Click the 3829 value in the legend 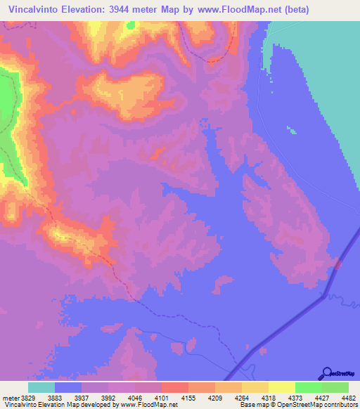pyautogui.click(x=28, y=397)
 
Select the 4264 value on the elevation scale pyautogui.click(x=229, y=397)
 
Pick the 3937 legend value pyautogui.click(x=82, y=397)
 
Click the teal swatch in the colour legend pyautogui.click(x=41, y=387)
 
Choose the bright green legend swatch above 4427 pyautogui.click(x=309, y=387)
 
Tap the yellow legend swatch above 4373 pyautogui.click(x=282, y=387)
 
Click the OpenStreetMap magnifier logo pyautogui.click(x=326, y=372)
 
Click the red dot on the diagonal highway pyautogui.click(x=337, y=264)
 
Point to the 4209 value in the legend pyautogui.click(x=202, y=397)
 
